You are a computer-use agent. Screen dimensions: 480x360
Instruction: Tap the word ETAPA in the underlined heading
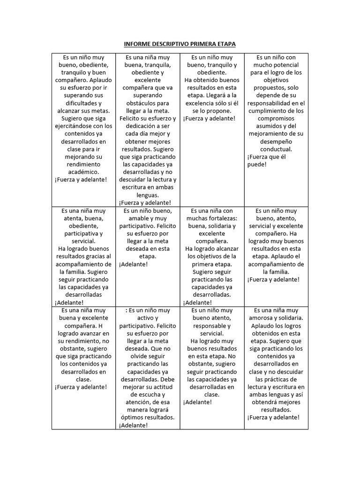pos(225,44)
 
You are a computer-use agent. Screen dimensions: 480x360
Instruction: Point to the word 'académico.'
pos(84,172)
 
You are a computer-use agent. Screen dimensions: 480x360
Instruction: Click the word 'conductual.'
pos(276,149)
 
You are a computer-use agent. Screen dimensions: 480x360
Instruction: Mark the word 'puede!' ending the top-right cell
pos(256,165)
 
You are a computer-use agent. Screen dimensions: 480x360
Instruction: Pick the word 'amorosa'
pos(265,318)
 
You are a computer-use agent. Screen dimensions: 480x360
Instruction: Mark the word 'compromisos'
pos(276,119)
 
